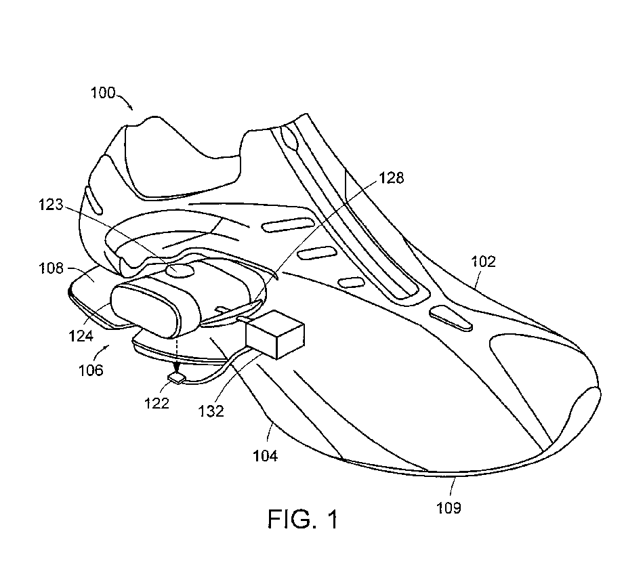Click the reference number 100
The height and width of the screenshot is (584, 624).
coord(103,93)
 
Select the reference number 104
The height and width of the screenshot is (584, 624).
coord(264,455)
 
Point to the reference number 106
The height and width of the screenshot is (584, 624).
coord(89,370)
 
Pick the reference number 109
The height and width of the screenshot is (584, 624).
coord(449,507)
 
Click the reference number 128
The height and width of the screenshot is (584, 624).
coord(392,178)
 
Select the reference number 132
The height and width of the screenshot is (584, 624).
coord(212,411)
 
